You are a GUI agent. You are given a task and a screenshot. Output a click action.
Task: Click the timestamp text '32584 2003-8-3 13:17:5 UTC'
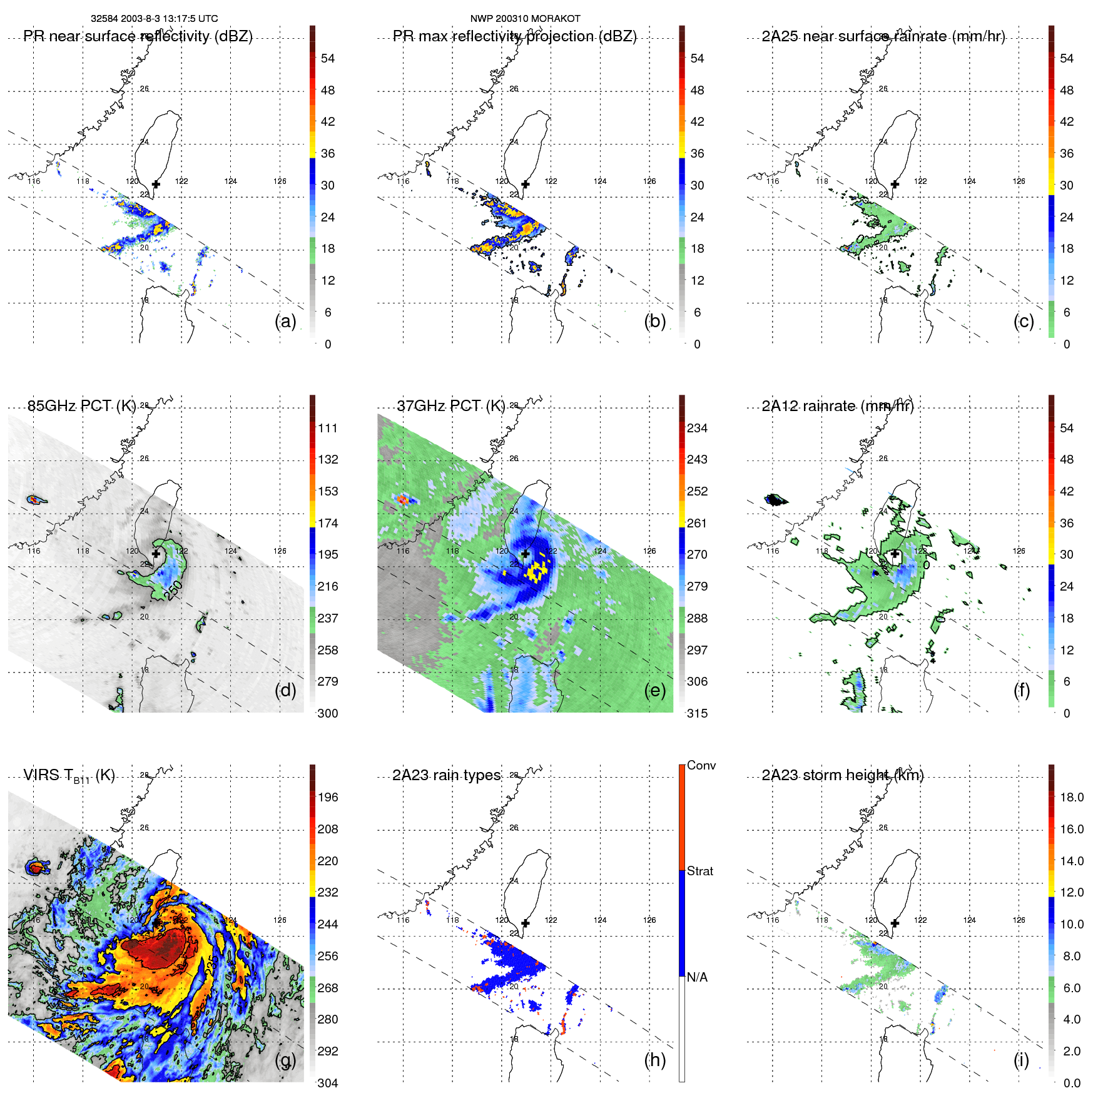pos(154,19)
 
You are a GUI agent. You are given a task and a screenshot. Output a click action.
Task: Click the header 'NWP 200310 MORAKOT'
pos(525,19)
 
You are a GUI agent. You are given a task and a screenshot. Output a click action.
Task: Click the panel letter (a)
pos(285,321)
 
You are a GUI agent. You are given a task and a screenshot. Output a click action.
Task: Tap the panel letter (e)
pos(654,690)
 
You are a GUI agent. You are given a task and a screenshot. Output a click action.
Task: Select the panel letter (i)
pos(1021,1060)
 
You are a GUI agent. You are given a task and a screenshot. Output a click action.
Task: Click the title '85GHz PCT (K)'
pos(81,406)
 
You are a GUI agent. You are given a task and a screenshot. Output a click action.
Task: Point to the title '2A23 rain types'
pos(446,775)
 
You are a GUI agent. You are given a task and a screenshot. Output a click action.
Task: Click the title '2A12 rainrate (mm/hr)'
pos(838,406)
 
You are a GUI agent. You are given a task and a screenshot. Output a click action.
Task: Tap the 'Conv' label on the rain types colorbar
pos(701,765)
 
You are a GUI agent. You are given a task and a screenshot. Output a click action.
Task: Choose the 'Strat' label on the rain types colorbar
pos(700,871)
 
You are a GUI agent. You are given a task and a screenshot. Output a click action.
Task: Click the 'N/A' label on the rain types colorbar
pos(697,977)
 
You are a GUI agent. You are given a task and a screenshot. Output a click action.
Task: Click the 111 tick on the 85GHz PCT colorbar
pos(328,428)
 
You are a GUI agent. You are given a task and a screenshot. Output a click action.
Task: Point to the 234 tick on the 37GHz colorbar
pos(697,428)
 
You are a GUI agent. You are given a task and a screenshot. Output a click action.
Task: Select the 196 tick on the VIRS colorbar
pos(328,797)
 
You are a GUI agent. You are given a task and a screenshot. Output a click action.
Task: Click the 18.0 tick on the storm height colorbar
pos(1072,797)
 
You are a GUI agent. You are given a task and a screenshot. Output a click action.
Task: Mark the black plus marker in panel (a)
pos(156,184)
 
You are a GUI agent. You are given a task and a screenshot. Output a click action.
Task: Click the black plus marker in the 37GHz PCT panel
pos(526,554)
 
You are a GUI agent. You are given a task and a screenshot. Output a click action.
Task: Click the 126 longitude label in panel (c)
pos(1019,181)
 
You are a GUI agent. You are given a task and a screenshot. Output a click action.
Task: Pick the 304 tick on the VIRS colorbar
pos(328,1083)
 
